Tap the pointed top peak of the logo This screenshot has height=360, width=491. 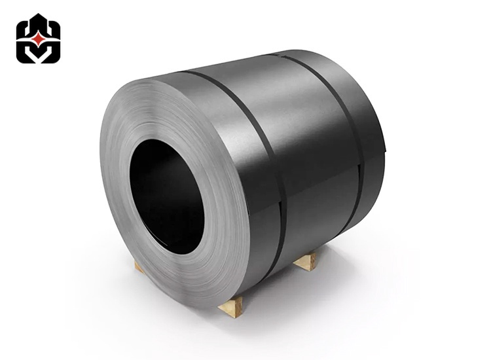[38, 16]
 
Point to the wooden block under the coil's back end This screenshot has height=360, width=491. [306, 262]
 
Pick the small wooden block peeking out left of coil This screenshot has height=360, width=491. [139, 266]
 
